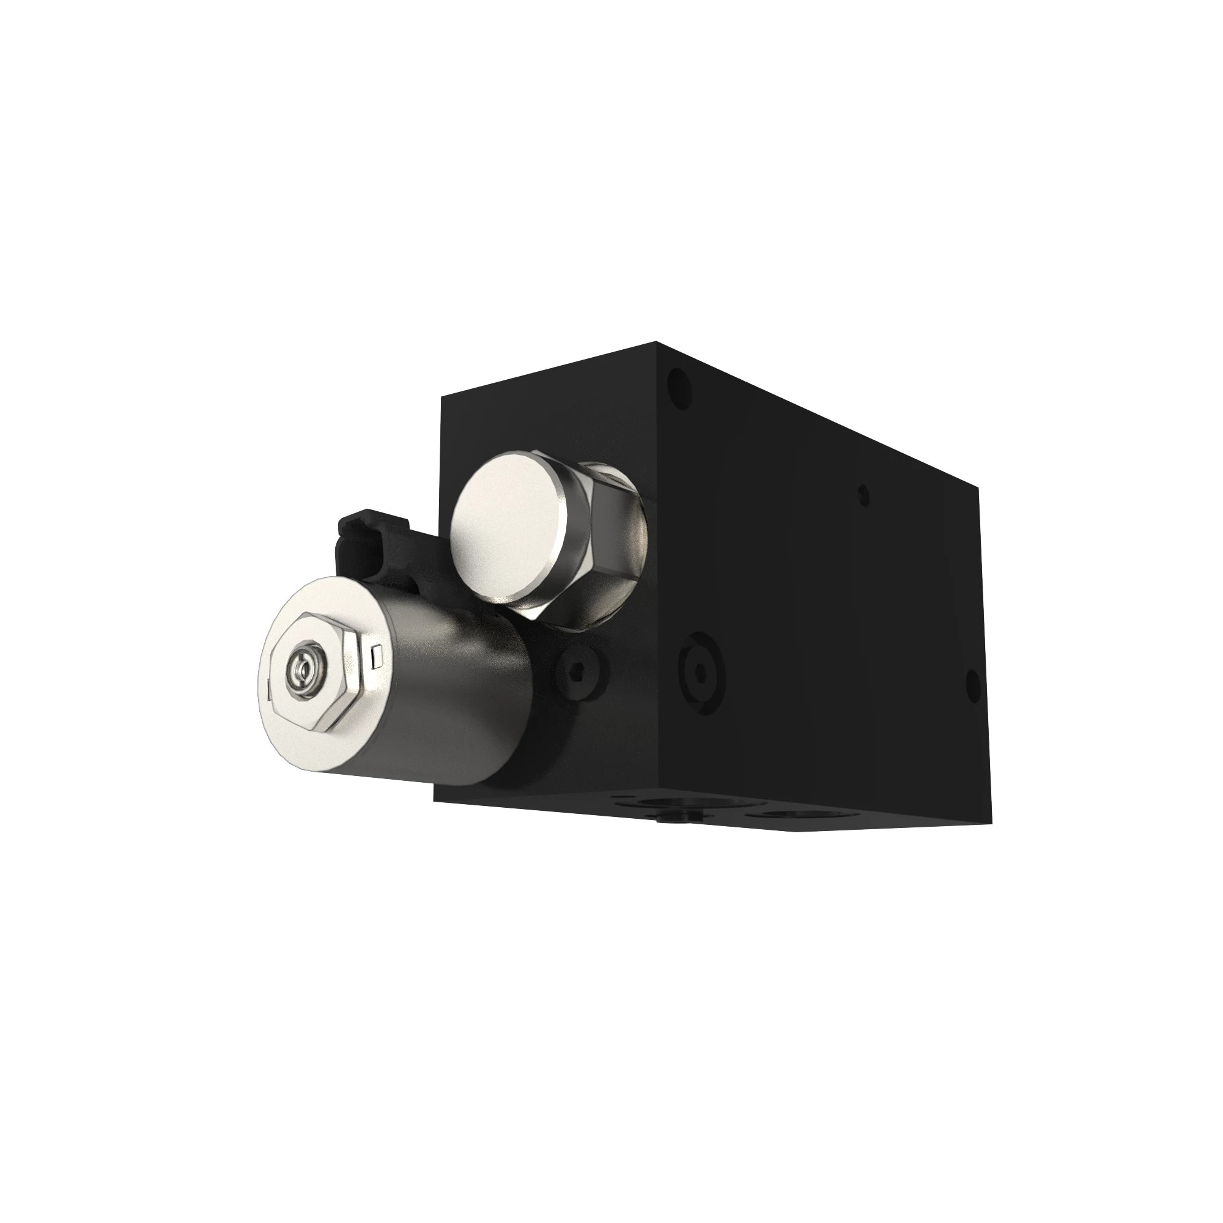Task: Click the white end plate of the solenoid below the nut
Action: tap(317, 741)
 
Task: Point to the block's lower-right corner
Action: tap(991, 823)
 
